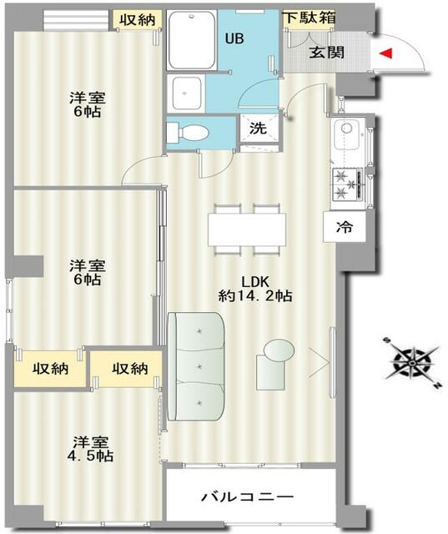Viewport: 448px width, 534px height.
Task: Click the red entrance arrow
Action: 386,53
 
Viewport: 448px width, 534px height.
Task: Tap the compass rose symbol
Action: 413,363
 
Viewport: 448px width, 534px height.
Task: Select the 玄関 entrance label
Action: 326,53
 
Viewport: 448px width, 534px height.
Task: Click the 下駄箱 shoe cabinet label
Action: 310,18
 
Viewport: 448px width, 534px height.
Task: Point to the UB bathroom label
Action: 234,39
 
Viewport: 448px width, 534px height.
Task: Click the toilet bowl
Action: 188,133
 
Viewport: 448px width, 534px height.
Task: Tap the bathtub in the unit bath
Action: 193,40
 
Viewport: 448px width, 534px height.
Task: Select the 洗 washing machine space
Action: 258,128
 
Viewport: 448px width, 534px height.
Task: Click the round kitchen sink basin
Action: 346,128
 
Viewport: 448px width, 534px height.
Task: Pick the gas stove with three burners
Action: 348,184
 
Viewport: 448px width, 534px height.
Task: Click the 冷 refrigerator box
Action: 345,227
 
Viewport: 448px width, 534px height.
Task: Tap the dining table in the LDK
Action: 247,229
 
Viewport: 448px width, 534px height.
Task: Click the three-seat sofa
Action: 196,366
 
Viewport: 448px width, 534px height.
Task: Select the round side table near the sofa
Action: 279,350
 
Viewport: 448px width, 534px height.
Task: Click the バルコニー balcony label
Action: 247,497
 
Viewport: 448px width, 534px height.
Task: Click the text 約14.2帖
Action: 255,296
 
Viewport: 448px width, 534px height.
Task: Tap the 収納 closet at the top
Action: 137,20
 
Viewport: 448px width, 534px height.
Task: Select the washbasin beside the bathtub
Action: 186,93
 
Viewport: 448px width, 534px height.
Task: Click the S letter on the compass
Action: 387,340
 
